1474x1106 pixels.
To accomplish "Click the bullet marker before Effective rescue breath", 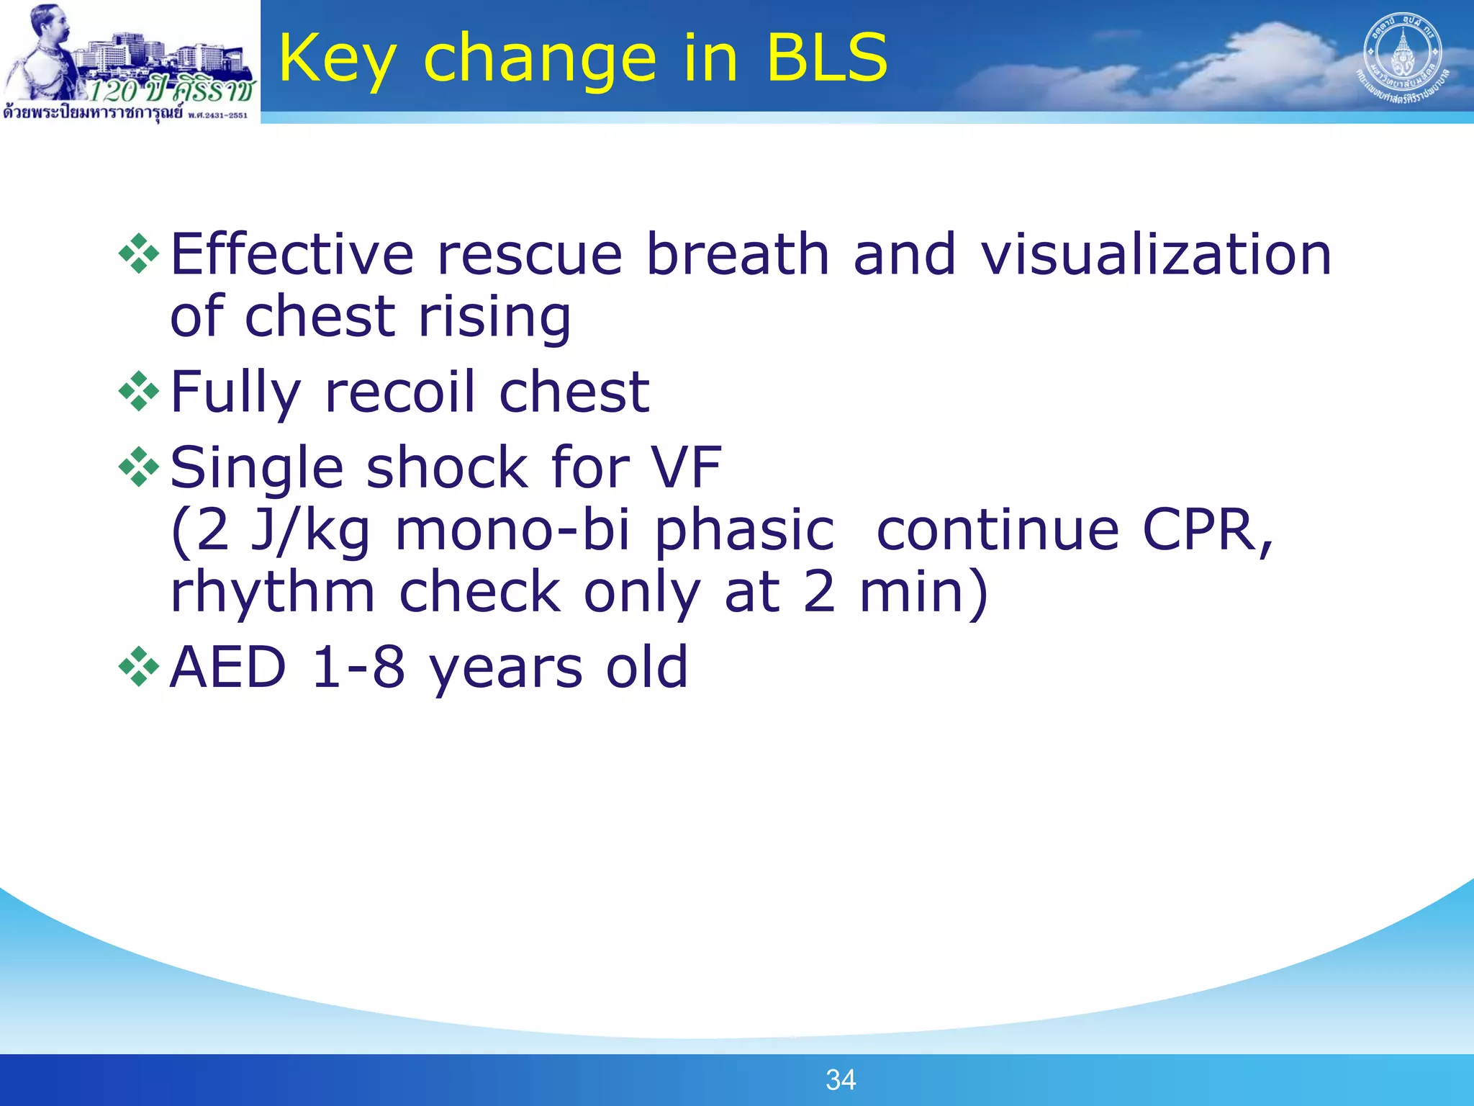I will tap(138, 254).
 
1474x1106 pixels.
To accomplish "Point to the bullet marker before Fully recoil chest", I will tap(138, 392).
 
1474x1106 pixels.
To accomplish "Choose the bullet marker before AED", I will tap(138, 667).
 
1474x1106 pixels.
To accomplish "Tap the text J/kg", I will tap(309, 531).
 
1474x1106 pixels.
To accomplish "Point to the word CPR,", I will tap(1208, 531).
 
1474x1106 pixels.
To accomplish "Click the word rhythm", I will tap(272, 593).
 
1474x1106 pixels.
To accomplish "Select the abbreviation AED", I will tap(228, 667).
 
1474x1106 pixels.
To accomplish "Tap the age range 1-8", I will tap(358, 667).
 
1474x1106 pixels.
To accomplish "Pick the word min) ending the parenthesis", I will tap(923, 593).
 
